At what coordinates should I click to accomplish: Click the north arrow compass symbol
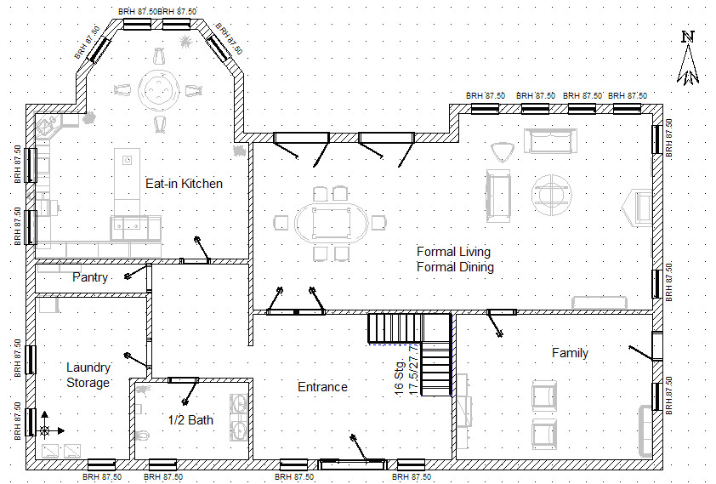tap(688, 60)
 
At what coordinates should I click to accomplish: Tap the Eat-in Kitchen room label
tap(184, 183)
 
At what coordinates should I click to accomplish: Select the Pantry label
tap(89, 277)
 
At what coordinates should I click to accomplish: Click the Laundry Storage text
tap(88, 375)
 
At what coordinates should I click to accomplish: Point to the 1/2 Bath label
tap(190, 419)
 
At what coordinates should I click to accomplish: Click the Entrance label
tap(322, 387)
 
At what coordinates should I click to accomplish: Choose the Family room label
tap(570, 353)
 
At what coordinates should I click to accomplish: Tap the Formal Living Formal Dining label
tap(455, 259)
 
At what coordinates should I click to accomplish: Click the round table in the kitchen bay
tap(158, 88)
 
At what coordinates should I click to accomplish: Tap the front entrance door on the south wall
tap(350, 464)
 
